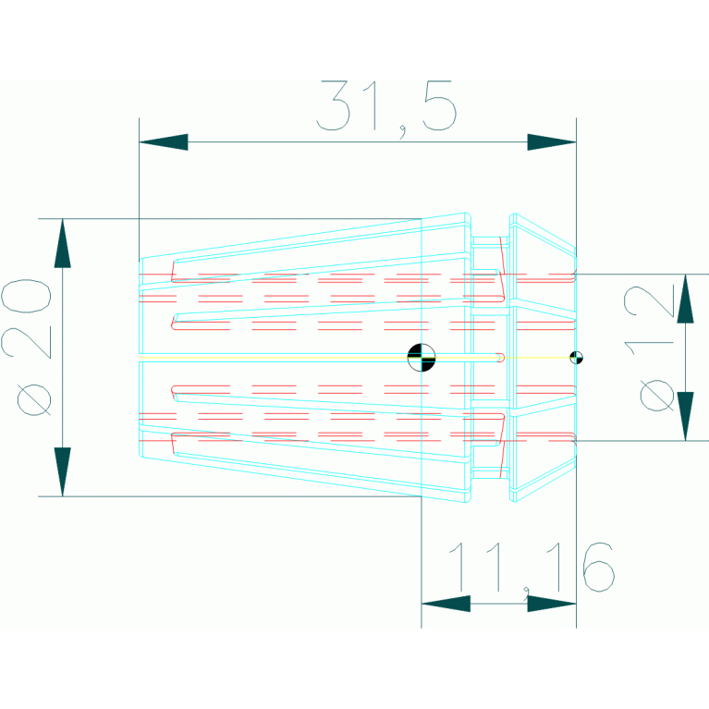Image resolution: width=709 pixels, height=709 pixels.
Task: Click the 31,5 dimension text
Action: tap(386, 105)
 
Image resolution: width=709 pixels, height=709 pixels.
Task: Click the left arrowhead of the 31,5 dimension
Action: tap(164, 142)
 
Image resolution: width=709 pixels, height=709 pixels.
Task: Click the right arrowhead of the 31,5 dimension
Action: tap(551, 142)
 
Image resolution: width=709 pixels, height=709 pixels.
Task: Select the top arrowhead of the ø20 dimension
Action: tap(63, 243)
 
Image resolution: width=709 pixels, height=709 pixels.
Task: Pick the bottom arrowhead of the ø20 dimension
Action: tap(63, 471)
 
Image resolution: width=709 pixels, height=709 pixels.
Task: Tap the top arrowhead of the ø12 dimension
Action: tap(685, 298)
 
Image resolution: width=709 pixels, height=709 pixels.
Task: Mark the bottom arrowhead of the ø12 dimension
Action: tap(685, 416)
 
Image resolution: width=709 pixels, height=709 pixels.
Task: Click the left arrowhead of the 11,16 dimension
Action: tap(446, 604)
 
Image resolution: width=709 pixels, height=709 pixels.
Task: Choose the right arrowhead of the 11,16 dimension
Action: tap(552, 604)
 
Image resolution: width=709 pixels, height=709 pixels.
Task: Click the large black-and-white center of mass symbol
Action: tap(422, 357)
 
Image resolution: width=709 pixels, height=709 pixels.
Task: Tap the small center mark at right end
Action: tap(576, 358)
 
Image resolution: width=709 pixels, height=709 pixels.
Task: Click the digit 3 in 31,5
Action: tap(335, 104)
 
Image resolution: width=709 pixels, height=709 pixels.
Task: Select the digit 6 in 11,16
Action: tap(598, 566)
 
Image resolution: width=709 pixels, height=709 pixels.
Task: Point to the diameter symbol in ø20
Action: tap(33, 400)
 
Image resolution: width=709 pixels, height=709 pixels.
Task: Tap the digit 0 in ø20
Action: tap(26, 295)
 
